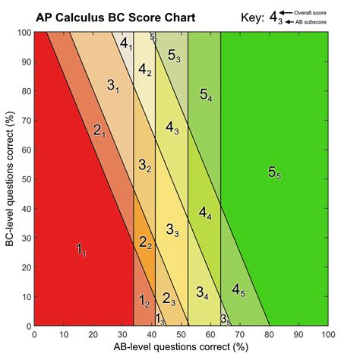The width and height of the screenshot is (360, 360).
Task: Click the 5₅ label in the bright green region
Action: point(275,172)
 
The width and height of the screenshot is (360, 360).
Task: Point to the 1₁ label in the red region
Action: point(81,249)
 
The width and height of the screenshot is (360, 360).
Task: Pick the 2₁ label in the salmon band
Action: point(99,131)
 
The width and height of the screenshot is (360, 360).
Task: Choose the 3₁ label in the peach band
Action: point(113,86)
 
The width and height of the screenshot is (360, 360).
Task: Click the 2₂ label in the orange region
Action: point(145,242)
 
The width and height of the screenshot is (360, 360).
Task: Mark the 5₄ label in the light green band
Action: point(206,94)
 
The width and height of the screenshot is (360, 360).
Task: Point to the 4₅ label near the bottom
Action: point(238,289)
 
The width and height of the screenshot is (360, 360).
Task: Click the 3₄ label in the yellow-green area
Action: point(202,292)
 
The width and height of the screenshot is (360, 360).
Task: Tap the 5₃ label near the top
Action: point(174,54)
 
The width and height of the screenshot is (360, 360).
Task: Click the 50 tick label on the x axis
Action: point(182,334)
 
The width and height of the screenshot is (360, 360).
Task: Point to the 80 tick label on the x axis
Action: point(270,334)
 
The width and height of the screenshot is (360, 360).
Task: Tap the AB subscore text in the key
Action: point(311,23)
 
